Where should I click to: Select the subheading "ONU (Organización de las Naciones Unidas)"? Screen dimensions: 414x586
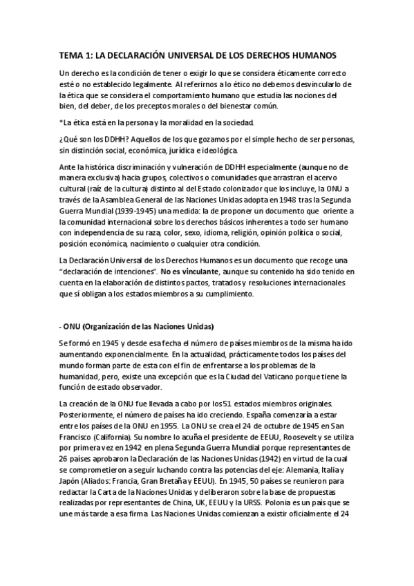[140, 325]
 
